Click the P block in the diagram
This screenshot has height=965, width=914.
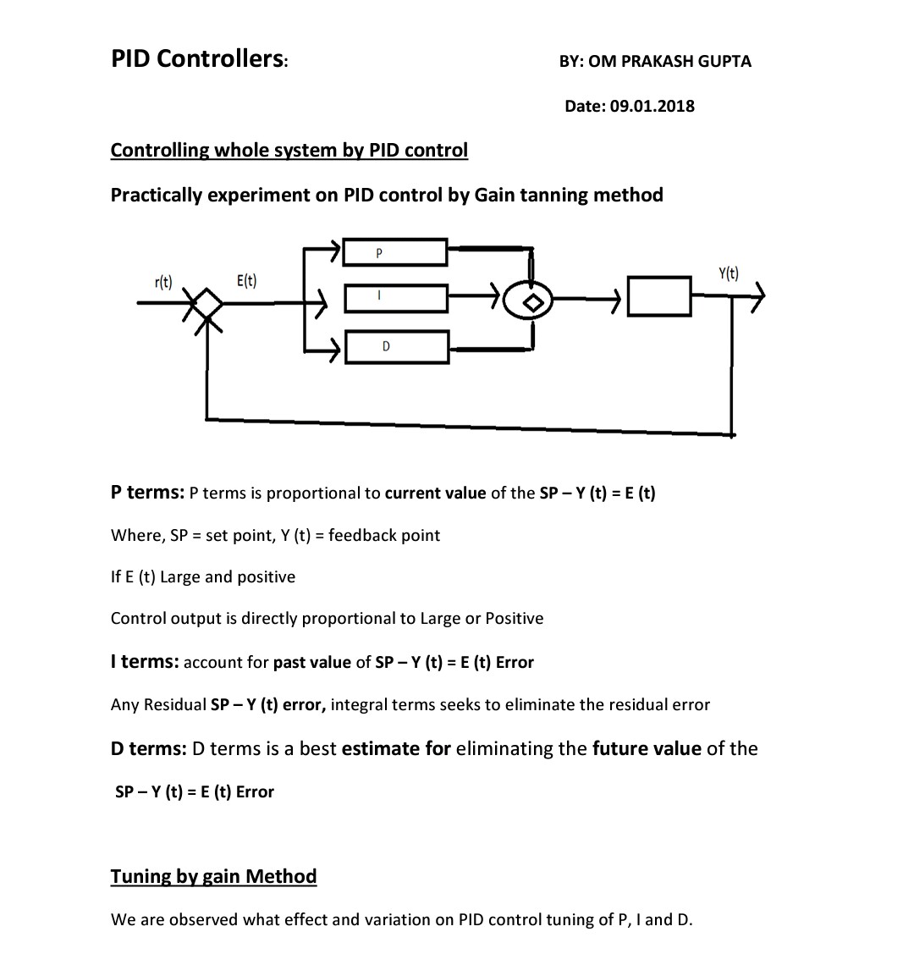(395, 252)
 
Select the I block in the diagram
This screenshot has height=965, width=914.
(395, 298)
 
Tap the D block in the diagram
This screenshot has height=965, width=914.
(395, 346)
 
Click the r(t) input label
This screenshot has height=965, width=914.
(163, 282)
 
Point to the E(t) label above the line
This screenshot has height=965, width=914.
(247, 280)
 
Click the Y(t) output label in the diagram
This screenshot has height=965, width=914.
(728, 273)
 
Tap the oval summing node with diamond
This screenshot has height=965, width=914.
(531, 301)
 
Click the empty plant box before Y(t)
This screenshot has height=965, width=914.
(660, 296)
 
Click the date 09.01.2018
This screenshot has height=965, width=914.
(652, 106)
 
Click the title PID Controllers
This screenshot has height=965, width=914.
(199, 58)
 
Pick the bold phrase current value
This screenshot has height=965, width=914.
(435, 494)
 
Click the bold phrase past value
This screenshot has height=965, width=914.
(311, 663)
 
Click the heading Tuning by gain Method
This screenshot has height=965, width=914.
(213, 876)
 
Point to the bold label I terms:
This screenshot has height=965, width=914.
(144, 662)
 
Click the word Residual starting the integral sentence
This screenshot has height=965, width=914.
(174, 705)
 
